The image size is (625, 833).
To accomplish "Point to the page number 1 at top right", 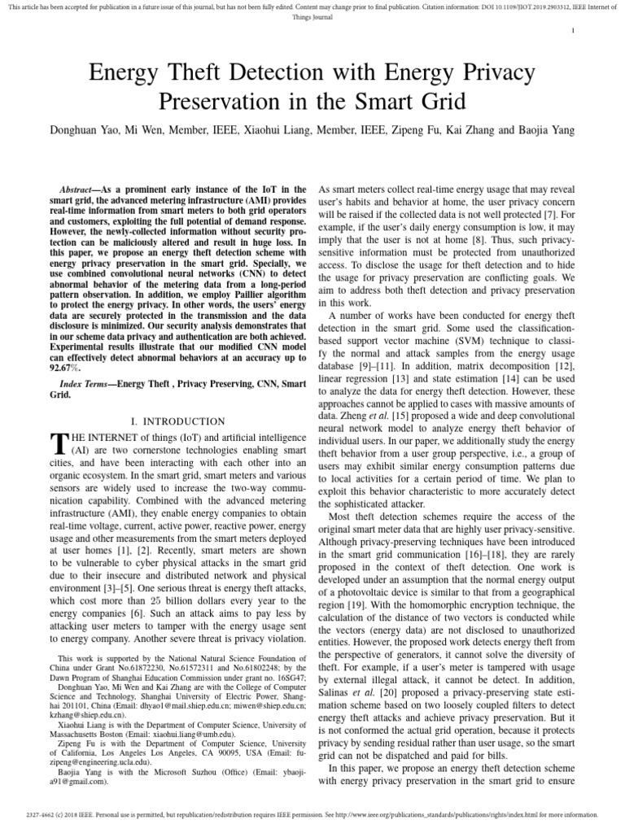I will coord(574,31).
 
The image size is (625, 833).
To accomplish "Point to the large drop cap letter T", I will coord(57,446).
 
